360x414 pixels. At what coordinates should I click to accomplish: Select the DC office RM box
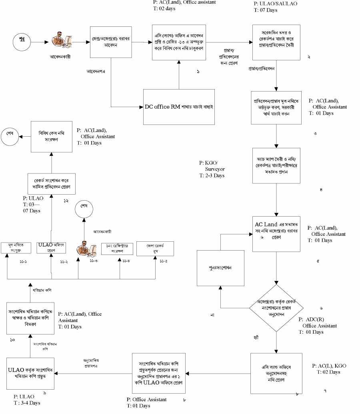[x=180, y=107]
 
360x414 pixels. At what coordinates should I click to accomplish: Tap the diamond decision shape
[x=276, y=307]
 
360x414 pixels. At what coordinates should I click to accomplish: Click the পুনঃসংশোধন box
[x=220, y=268]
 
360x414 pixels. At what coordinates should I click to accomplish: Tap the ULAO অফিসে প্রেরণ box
[x=51, y=248]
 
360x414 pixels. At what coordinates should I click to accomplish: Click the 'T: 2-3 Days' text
[x=213, y=176]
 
